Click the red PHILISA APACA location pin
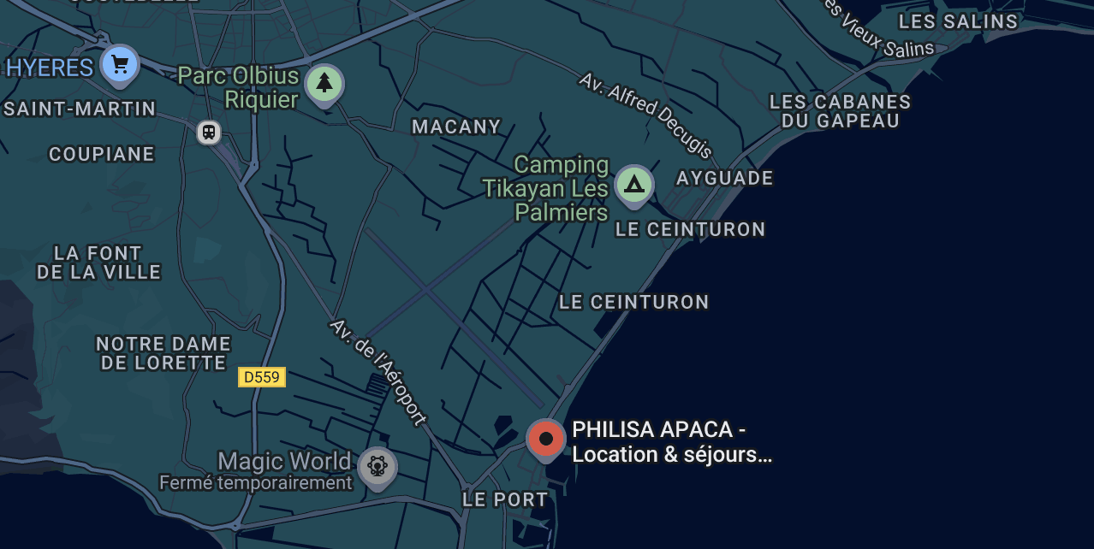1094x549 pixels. click(546, 439)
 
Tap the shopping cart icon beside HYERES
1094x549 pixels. click(120, 64)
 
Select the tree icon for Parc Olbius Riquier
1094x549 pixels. click(324, 84)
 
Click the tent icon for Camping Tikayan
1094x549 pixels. click(633, 184)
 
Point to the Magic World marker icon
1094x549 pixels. click(377, 466)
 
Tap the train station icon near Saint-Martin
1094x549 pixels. click(208, 132)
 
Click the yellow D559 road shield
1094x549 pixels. click(261, 377)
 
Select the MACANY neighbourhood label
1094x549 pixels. click(456, 127)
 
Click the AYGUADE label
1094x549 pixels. click(724, 179)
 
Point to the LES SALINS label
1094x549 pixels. click(958, 22)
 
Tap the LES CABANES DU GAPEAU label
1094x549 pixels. click(840, 111)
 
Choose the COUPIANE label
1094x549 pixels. click(102, 155)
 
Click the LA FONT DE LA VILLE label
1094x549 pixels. click(98, 263)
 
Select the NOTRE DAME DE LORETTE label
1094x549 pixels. click(164, 353)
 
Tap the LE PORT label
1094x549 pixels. click(505, 499)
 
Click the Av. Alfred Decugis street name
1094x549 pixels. click(645, 115)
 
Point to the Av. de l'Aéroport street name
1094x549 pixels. click(378, 372)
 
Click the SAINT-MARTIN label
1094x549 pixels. click(80, 109)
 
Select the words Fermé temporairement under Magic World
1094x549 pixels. click(255, 483)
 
